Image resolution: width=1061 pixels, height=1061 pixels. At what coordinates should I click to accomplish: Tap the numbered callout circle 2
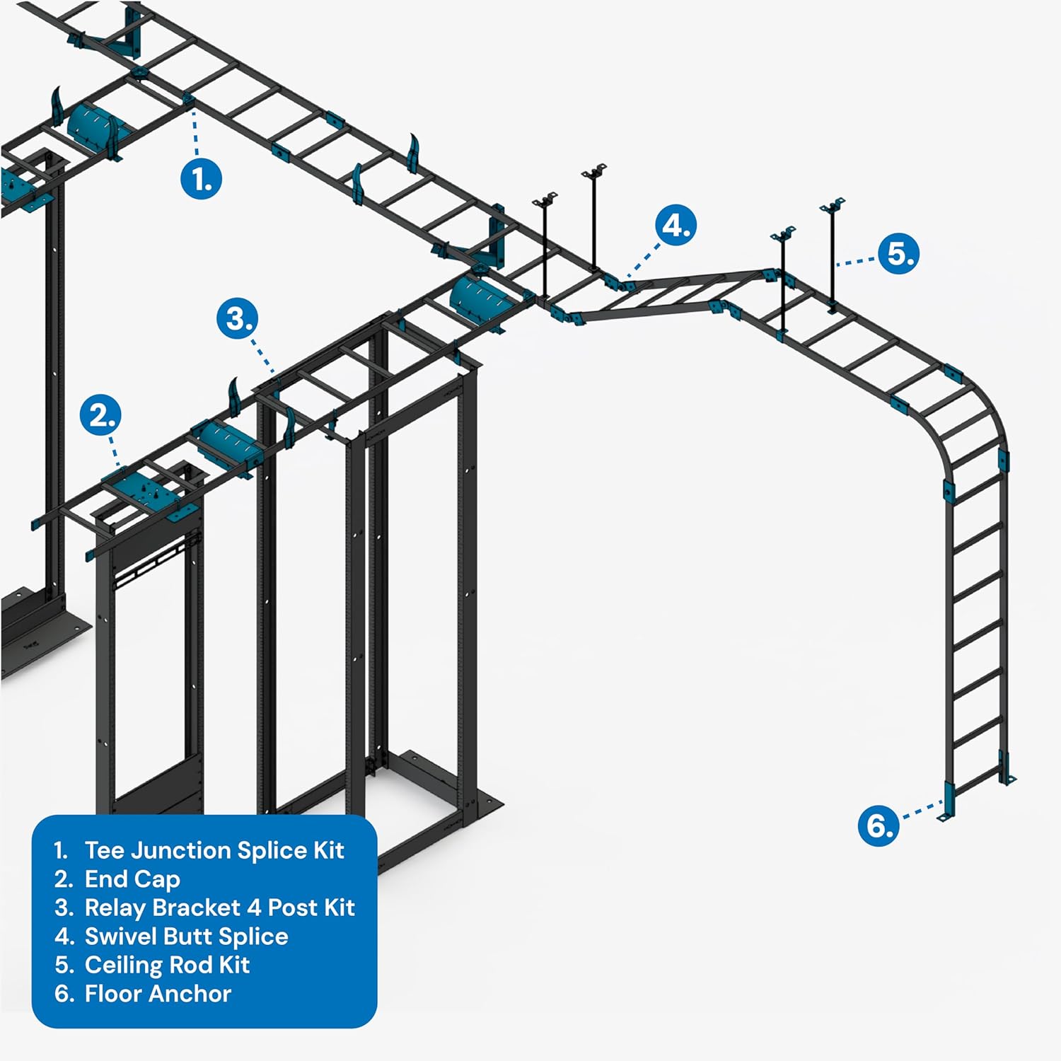click(100, 415)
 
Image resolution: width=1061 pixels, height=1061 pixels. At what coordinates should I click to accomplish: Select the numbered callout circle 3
click(237, 318)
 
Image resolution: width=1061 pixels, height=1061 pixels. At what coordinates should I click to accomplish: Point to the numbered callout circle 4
click(676, 225)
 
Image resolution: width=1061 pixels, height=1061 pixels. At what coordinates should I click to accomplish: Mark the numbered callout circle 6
click(879, 825)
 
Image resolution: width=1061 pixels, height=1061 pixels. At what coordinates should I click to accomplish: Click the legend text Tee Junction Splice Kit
click(214, 850)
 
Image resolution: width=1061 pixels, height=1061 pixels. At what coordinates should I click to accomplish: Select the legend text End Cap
click(132, 879)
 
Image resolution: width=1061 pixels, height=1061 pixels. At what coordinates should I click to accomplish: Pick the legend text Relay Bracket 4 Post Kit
click(219, 908)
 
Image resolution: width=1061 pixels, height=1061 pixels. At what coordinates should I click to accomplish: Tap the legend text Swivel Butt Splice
click(186, 937)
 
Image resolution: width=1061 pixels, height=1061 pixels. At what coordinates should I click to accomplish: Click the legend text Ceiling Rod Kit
click(167, 965)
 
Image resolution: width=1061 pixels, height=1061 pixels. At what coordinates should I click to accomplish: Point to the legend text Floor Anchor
click(158, 994)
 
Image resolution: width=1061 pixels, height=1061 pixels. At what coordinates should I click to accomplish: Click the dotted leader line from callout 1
click(195, 134)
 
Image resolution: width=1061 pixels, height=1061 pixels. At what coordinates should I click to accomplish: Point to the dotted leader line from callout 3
click(263, 354)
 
